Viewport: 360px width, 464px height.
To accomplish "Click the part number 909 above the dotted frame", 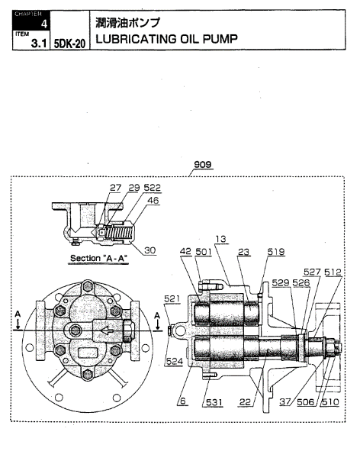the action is (x=203, y=165).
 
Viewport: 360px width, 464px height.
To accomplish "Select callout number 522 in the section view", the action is (x=152, y=188).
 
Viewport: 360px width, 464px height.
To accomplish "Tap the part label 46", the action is (x=153, y=201).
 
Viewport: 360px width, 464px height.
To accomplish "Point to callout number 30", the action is (x=150, y=250).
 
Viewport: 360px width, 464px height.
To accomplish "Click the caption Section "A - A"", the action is (x=98, y=259).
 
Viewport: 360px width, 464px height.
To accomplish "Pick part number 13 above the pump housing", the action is (x=220, y=239).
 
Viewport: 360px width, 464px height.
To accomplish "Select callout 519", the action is (x=276, y=252).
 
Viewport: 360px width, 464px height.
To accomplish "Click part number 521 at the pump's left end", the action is (x=172, y=298).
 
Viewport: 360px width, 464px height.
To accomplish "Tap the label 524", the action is (x=174, y=361).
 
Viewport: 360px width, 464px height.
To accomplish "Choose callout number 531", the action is (x=214, y=402).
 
